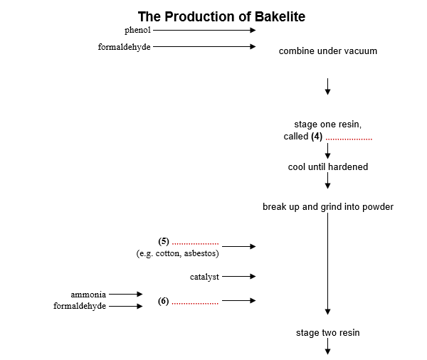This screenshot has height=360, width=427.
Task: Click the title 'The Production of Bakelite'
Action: click(221, 16)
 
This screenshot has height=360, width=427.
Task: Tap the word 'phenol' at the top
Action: click(137, 30)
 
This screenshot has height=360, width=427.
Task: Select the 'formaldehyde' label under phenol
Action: click(125, 47)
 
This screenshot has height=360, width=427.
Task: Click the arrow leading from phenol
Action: click(204, 31)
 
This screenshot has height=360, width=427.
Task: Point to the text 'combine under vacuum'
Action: click(327, 51)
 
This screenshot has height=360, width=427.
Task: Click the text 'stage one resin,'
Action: click(327, 125)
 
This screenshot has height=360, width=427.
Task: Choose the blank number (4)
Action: click(317, 136)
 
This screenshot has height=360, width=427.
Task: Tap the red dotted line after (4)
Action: click(349, 138)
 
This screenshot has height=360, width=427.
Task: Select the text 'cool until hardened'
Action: click(327, 166)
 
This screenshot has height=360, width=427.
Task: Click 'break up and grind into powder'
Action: click(327, 207)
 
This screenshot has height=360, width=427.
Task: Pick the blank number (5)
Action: click(164, 241)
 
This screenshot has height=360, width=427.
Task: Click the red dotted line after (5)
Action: click(195, 243)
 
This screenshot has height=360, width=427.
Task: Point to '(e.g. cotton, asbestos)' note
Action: click(177, 253)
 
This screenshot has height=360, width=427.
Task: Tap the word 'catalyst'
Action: click(204, 276)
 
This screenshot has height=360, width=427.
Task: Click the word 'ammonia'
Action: click(88, 294)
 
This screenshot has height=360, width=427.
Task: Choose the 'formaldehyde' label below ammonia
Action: click(80, 306)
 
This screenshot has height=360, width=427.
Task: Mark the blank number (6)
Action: click(164, 301)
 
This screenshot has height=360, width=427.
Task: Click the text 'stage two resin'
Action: click(327, 332)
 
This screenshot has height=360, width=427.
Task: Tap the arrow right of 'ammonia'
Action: click(126, 294)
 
